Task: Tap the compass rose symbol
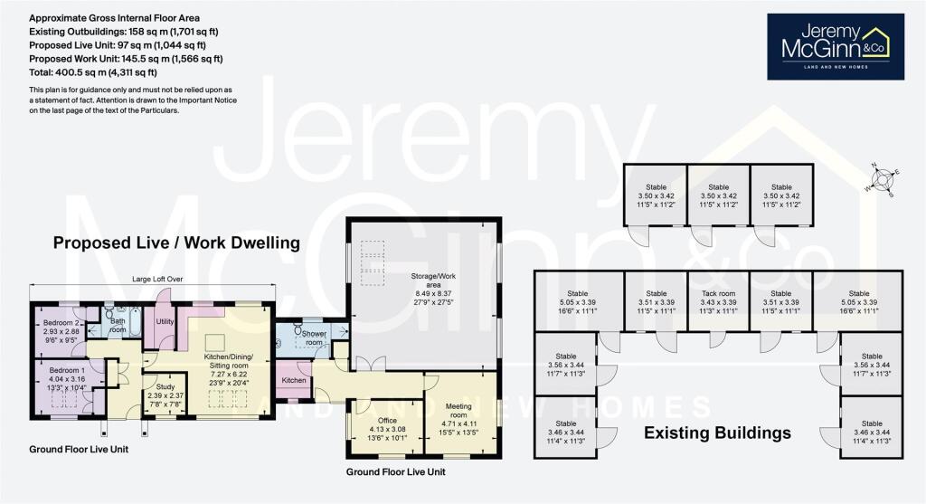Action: (882, 178)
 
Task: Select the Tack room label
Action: (718, 293)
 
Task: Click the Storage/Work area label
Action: (423, 271)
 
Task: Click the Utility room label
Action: (165, 320)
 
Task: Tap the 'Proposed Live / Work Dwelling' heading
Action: (175, 242)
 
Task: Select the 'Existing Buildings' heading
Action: (717, 433)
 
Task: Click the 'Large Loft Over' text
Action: (156, 280)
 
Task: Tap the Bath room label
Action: (117, 325)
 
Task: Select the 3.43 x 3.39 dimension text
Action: (718, 304)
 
